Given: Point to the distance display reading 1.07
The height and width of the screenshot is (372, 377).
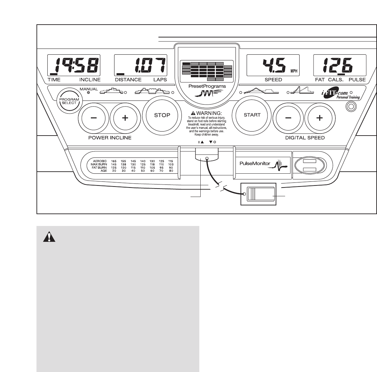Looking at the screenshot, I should coord(141,65).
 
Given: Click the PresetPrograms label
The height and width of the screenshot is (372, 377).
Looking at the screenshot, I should coord(207,86).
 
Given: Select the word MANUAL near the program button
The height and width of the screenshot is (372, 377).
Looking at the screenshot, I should coord(89,89).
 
